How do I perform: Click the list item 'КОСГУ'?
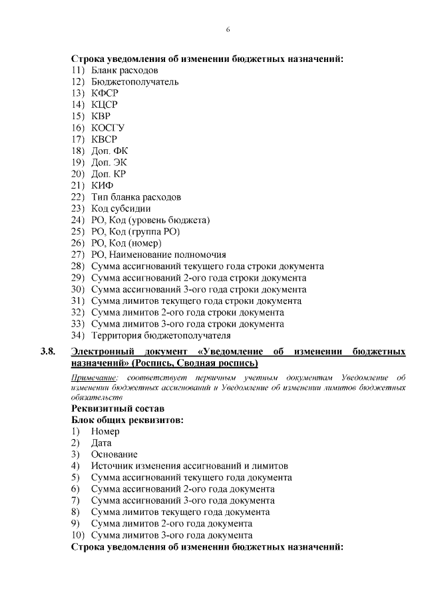[x=108, y=128]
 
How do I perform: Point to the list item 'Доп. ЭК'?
[x=108, y=163]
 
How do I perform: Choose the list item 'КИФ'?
[x=103, y=185]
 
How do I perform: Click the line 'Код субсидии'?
[x=121, y=209]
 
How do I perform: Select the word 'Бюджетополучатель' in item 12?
[x=135, y=82]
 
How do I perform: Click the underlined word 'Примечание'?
[x=93, y=377]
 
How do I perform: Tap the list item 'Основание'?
[x=114, y=454]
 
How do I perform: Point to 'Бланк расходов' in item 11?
[x=124, y=70]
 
